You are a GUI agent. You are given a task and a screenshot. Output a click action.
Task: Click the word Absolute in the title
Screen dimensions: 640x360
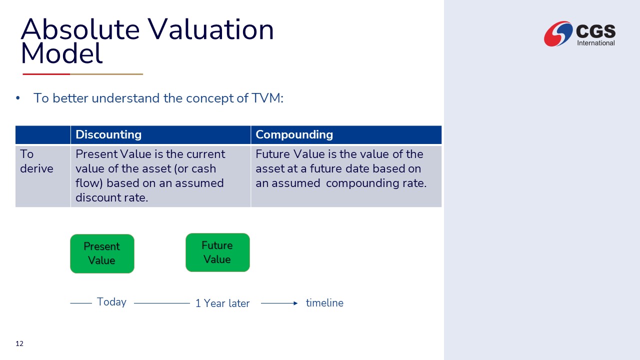[x=80, y=29]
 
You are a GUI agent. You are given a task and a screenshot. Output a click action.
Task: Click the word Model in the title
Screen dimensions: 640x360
[x=61, y=53]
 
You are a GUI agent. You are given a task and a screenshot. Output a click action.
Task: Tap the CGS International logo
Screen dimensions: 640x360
[x=579, y=33]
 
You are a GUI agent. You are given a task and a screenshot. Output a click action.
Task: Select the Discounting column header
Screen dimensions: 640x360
[x=108, y=134]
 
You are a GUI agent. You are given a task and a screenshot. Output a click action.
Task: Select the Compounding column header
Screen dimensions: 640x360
[x=294, y=134]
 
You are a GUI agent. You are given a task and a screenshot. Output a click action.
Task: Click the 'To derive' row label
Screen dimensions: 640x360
[x=36, y=161]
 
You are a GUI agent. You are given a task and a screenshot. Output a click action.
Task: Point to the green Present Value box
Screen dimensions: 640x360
[x=102, y=253]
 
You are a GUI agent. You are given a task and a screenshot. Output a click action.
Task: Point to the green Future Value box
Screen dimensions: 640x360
[x=217, y=252]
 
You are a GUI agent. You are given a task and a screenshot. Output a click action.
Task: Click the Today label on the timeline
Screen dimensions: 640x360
[x=111, y=302]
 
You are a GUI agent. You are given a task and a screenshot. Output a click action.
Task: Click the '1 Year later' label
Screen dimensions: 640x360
[x=222, y=303]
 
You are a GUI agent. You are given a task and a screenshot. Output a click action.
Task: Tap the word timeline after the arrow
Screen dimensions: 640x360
[x=324, y=303]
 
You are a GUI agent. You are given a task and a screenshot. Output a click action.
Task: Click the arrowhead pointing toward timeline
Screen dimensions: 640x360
[x=295, y=303]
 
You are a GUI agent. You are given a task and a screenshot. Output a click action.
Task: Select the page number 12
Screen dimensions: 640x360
[x=19, y=343]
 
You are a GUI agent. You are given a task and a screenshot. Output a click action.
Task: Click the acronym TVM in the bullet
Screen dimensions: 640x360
[x=267, y=98]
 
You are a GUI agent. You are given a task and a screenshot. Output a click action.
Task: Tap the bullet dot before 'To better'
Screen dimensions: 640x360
[x=18, y=98]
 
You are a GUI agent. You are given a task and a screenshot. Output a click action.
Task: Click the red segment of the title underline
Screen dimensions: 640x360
[x=46, y=74]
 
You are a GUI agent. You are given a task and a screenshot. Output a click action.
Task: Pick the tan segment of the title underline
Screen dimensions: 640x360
[x=106, y=74]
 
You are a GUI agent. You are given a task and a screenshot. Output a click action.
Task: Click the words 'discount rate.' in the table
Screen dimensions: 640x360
[x=111, y=197]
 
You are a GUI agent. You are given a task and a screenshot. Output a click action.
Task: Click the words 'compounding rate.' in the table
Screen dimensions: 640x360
[x=376, y=183]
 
